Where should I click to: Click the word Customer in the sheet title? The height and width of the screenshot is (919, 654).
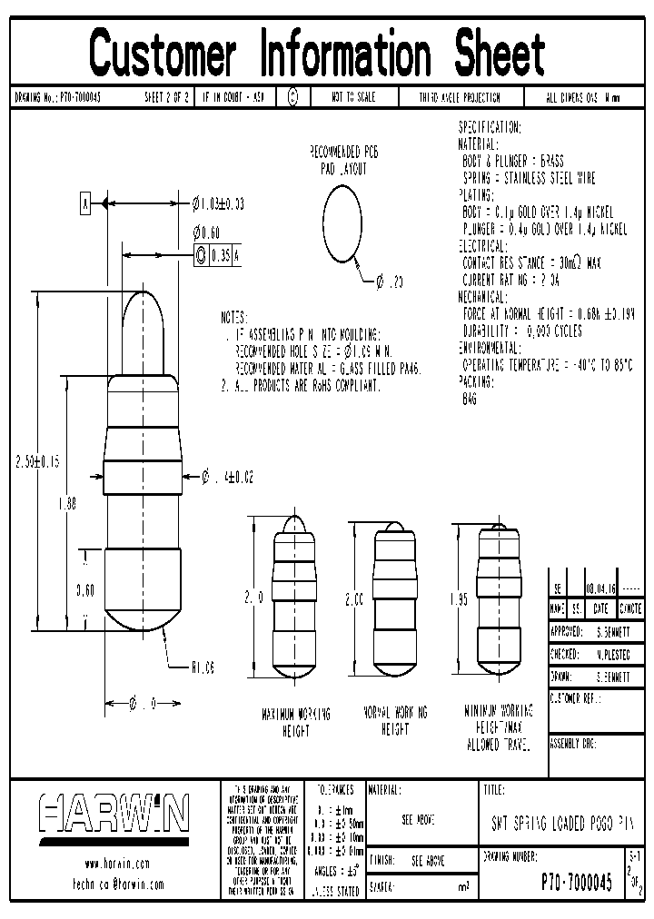pyautogui.click(x=163, y=53)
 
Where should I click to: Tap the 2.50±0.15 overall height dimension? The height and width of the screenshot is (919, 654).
pyautogui.click(x=36, y=461)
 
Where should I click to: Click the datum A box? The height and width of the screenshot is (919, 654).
pyautogui.click(x=86, y=203)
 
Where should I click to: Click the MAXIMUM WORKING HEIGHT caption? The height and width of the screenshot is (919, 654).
pyautogui.click(x=296, y=721)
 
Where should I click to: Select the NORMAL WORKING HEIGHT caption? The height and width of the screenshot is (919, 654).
pyautogui.click(x=396, y=721)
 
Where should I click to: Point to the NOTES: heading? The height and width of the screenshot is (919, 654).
pyautogui.click(x=233, y=319)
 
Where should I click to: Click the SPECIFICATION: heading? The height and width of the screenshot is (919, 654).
pyautogui.click(x=490, y=127)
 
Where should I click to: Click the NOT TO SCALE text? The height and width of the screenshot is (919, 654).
pyautogui.click(x=353, y=97)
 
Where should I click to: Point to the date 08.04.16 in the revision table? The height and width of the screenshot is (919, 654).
pyautogui.click(x=601, y=589)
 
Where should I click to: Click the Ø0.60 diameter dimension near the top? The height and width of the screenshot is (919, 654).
pyautogui.click(x=206, y=232)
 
